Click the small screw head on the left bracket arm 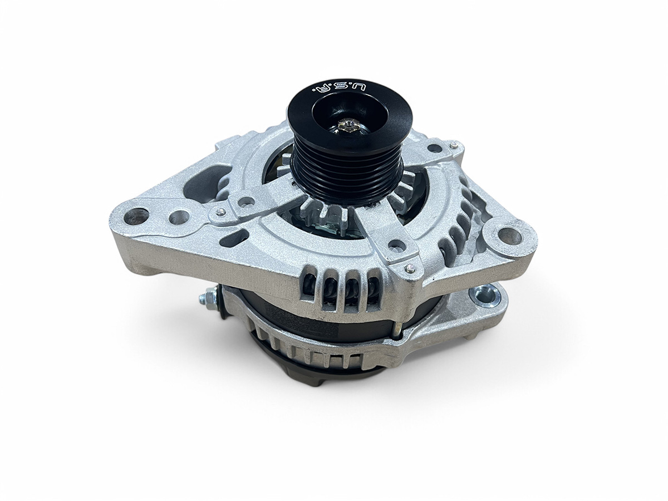(221, 211)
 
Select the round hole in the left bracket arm (246, 200)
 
